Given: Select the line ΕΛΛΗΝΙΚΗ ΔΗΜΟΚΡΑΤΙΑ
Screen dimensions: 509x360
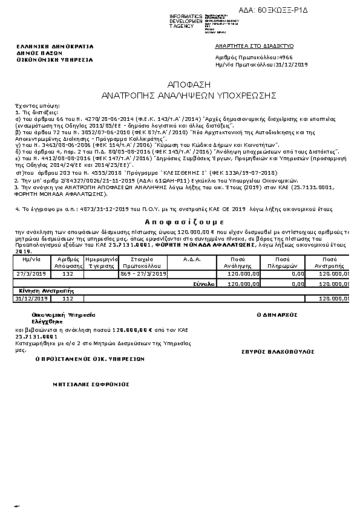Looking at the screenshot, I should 46,46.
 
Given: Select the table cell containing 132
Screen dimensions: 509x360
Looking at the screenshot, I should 68,274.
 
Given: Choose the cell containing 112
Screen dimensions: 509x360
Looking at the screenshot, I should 68,298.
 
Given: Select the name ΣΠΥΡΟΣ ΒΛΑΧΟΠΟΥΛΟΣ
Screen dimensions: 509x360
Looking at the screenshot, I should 278,351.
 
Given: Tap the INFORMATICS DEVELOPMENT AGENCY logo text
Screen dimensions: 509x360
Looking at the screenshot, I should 186,21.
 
